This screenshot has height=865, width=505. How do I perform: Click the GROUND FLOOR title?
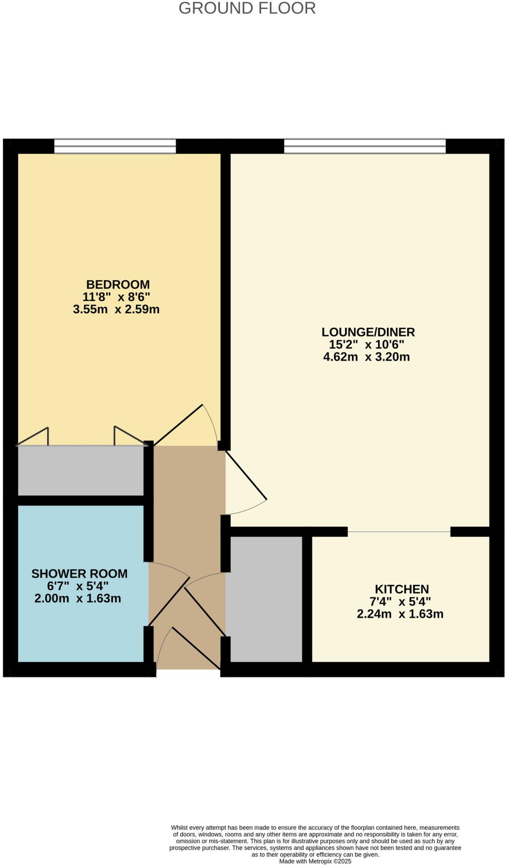pyautogui.click(x=247, y=8)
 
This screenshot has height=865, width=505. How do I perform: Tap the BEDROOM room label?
pyautogui.click(x=118, y=284)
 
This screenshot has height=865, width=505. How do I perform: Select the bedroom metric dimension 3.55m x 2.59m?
pyautogui.click(x=116, y=309)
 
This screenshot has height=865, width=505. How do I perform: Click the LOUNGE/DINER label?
pyautogui.click(x=368, y=332)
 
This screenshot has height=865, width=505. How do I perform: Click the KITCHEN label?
pyautogui.click(x=402, y=589)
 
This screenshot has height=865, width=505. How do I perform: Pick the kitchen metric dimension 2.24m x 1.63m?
pyautogui.click(x=400, y=614)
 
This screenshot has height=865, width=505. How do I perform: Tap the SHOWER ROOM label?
pyautogui.click(x=79, y=574)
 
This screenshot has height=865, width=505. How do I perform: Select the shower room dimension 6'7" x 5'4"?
pyautogui.click(x=78, y=586)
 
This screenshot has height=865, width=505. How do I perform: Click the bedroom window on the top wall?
pyautogui.click(x=115, y=146)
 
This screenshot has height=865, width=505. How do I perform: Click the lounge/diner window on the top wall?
pyautogui.click(x=365, y=146)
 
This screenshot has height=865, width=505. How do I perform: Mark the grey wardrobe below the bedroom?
pyautogui.click(x=80, y=470)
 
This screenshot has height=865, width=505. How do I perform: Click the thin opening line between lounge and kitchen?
pyautogui.click(x=399, y=531)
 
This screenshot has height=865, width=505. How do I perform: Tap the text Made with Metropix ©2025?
pyautogui.click(x=315, y=861)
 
